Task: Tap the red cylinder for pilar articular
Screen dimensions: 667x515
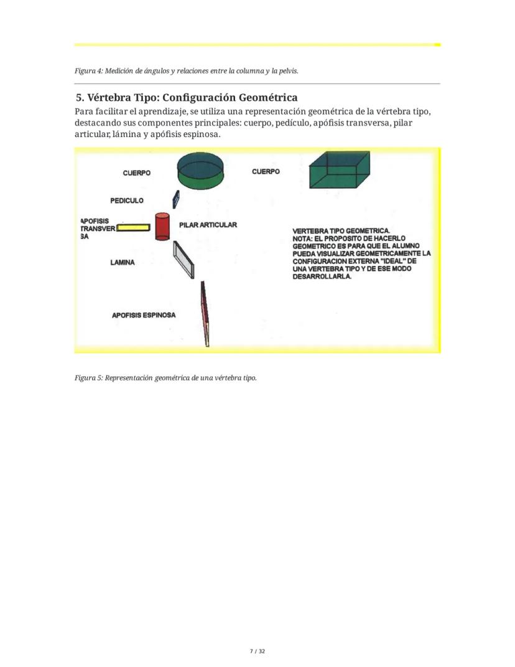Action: [162, 227]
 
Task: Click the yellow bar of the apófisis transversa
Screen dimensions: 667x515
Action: [134, 227]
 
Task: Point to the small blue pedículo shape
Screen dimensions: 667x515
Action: [176, 199]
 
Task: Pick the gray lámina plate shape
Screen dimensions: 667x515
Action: [184, 260]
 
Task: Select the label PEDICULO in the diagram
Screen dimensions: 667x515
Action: [127, 201]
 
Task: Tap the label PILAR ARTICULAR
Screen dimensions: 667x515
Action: [208, 225]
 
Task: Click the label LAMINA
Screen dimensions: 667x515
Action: [123, 263]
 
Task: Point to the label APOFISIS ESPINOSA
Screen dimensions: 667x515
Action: [144, 315]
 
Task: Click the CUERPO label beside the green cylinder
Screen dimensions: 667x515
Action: [136, 173]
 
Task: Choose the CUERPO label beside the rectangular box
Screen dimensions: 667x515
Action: [266, 171]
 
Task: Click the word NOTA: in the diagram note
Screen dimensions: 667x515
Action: [304, 238]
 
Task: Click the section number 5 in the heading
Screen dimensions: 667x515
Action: [79, 98]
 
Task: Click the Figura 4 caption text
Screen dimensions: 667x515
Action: [186, 71]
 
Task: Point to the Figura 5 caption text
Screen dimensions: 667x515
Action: [165, 378]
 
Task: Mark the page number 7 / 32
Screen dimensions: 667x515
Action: [257, 651]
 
